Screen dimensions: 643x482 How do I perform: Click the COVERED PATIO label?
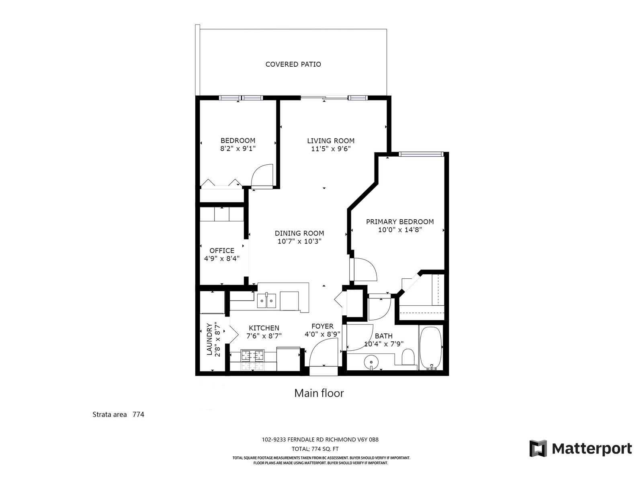[x=293, y=64]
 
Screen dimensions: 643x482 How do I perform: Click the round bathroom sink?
[x=371, y=362]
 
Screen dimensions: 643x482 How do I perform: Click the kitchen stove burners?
[x=252, y=355]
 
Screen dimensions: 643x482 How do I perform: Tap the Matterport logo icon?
[x=538, y=448]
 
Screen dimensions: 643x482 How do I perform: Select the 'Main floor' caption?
[x=319, y=393]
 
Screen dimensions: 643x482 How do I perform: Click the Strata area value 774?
[x=138, y=415]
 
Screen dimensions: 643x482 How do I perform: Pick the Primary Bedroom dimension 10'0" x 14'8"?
[x=400, y=230]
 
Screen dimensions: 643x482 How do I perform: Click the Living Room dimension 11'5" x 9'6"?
[x=331, y=149]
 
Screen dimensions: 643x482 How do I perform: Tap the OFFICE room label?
[x=222, y=251]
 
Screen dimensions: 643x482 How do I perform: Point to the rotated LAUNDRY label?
[x=209, y=339]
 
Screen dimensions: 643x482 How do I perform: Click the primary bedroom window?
[x=421, y=154]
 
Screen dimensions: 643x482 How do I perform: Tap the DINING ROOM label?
[x=299, y=233]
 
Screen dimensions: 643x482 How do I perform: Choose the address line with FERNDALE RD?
[x=320, y=439]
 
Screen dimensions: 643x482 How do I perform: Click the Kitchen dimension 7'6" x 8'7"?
[x=264, y=336]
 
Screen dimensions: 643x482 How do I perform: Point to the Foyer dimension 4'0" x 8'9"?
[x=322, y=334]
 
